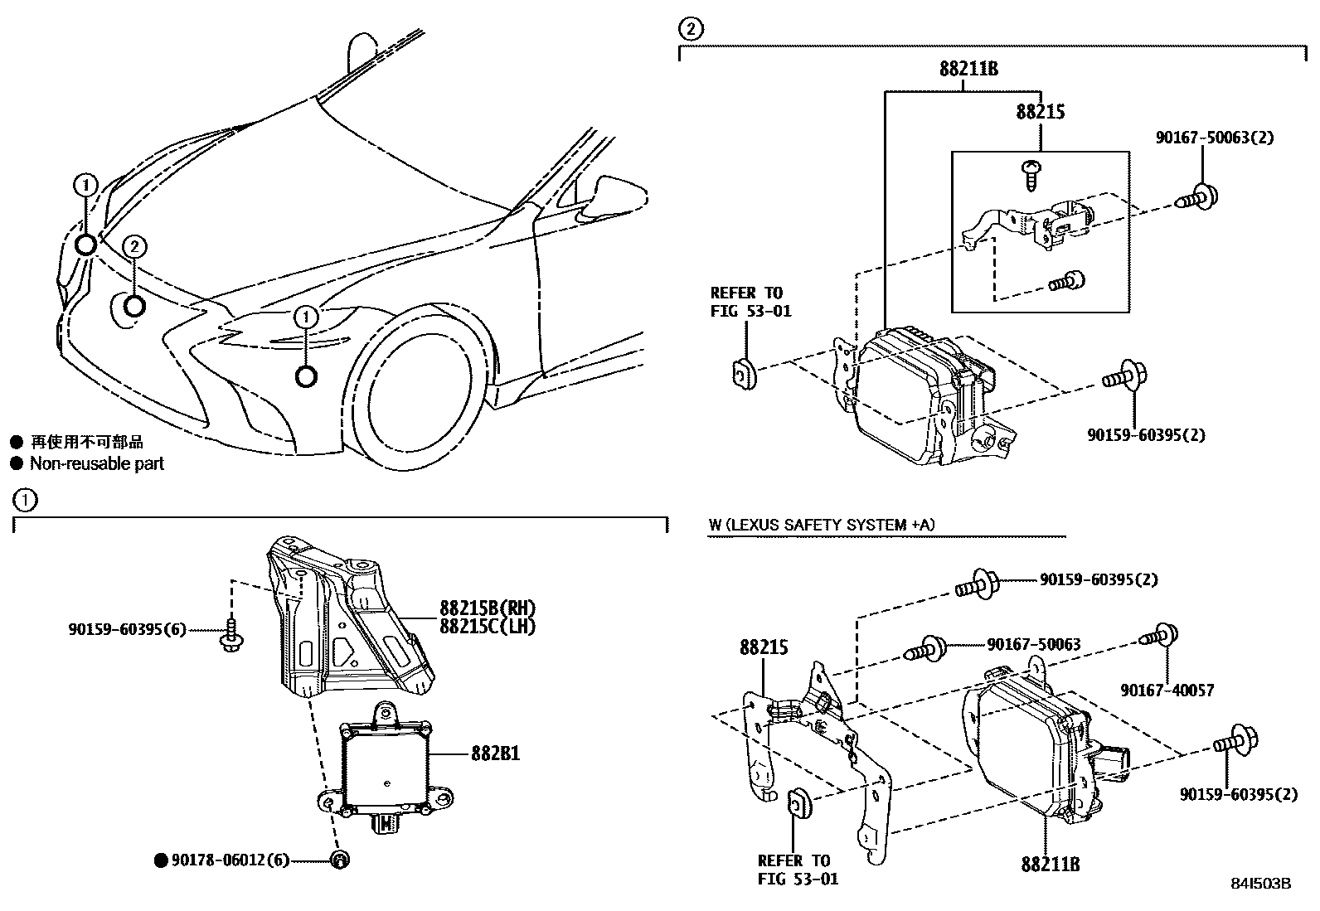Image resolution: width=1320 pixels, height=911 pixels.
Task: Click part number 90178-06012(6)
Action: [230, 860]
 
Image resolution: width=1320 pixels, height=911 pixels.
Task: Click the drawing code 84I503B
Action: [1260, 884]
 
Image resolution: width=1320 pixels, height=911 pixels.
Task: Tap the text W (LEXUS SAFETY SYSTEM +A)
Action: [822, 525]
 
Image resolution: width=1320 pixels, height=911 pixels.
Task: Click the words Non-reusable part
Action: [97, 464]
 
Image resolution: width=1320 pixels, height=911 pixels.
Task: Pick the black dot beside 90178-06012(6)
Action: [162, 860]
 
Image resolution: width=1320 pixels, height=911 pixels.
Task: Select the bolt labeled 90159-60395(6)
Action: [231, 634]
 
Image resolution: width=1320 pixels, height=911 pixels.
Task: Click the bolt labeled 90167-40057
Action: [1159, 637]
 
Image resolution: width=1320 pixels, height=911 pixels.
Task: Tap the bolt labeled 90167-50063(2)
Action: [1196, 197]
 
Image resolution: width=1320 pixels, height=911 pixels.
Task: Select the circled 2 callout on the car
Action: [135, 245]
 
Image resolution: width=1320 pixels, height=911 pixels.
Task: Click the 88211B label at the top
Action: [968, 70]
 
